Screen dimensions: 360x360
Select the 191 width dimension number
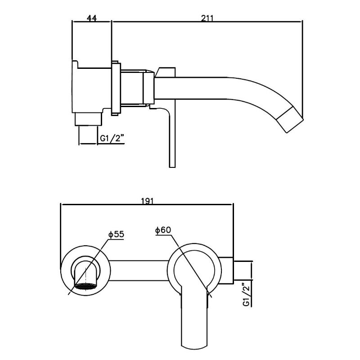tap(147, 201)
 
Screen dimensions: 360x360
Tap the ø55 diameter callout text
tap(116, 234)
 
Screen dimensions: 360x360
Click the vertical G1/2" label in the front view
tap(245, 294)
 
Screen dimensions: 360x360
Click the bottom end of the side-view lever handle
tap(171, 165)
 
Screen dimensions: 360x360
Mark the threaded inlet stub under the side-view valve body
tap(87, 120)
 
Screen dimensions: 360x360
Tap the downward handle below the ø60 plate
tap(194, 324)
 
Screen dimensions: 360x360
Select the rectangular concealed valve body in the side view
tap(91, 87)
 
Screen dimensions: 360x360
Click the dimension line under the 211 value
tap(207, 22)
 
